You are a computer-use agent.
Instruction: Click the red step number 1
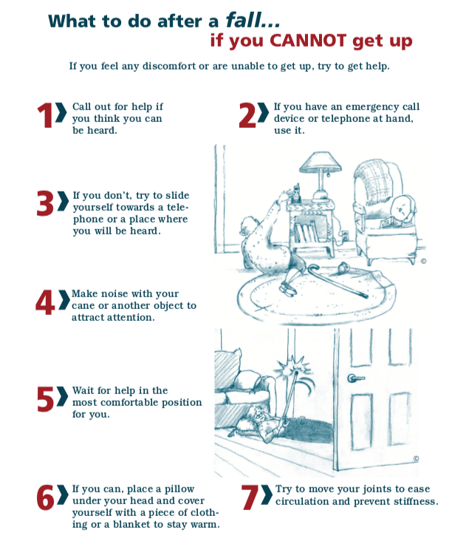click(x=45, y=115)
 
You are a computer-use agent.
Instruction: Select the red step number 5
click(x=45, y=398)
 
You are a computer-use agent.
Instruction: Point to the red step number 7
click(x=250, y=497)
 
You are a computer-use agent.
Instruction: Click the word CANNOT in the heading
click(x=308, y=41)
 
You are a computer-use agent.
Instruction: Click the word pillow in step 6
click(x=179, y=489)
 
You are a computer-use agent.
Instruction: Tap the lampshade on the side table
click(x=321, y=162)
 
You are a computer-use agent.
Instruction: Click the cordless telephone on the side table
click(x=296, y=193)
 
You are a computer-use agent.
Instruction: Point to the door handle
click(x=355, y=378)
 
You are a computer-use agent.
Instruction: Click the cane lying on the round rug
click(x=336, y=281)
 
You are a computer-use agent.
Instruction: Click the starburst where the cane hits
click(x=292, y=367)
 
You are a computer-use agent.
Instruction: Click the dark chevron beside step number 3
click(x=63, y=201)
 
